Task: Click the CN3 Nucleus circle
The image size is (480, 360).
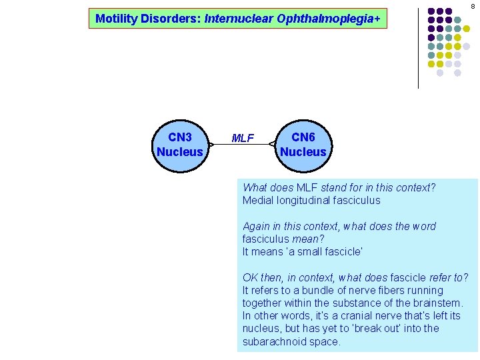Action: [x=179, y=145]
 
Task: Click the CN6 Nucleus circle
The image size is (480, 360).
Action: [x=303, y=145]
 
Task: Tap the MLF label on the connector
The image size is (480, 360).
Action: [x=242, y=139]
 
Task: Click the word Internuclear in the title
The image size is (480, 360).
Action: [x=235, y=19]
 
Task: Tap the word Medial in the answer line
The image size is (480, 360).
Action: [x=257, y=200]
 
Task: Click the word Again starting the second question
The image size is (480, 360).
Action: [x=257, y=227]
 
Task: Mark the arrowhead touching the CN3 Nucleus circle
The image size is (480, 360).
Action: [x=211, y=143]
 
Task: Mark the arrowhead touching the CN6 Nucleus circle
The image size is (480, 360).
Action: [x=272, y=143]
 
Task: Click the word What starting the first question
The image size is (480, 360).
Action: [x=255, y=187]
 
